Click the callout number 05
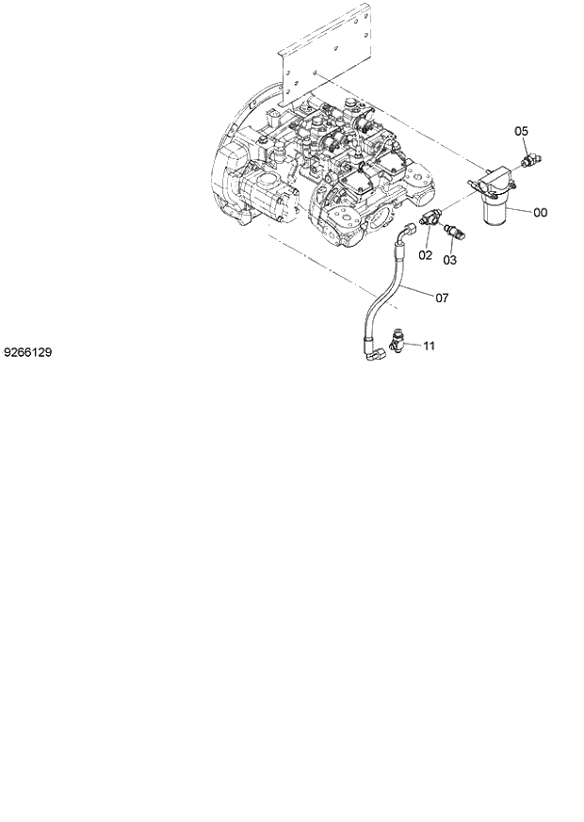(521, 131)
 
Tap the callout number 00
(540, 213)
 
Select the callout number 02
(425, 254)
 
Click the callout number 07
(441, 298)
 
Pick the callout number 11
(429, 347)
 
